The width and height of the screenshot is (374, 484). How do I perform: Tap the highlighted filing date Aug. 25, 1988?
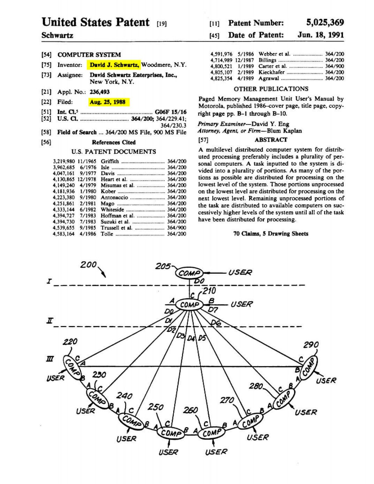pos(107,102)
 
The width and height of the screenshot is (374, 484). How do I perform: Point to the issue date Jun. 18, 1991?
pos(321,35)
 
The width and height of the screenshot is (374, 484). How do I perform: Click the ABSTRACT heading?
pos(271,140)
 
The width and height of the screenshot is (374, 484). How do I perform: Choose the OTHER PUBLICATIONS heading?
pos(271,89)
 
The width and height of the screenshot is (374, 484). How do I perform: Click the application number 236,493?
pos(99,92)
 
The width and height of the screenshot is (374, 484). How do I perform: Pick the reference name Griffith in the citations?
pos(110,161)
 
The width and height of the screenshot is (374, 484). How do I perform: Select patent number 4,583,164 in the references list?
pos(64,234)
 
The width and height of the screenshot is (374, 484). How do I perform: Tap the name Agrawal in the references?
pos(268,78)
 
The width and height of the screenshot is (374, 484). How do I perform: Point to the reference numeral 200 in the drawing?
pos(88,265)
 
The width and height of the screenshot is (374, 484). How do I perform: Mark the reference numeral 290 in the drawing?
pos(311,345)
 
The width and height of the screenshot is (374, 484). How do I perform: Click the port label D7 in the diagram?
pos(213,310)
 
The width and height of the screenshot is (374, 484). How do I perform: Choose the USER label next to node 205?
pos(240,272)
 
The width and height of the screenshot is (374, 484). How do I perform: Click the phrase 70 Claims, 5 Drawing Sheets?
pos(271,234)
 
